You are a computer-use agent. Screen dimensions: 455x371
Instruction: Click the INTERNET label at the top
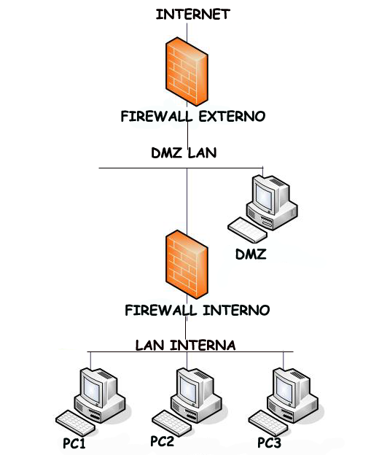[x=192, y=14]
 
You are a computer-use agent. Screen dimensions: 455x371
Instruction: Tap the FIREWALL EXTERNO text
[x=193, y=116]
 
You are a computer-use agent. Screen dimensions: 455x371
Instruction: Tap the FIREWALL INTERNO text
[x=197, y=311]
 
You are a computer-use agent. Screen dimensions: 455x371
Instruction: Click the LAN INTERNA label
[x=185, y=345]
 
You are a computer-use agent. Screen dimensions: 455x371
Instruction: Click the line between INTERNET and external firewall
[x=188, y=30]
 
